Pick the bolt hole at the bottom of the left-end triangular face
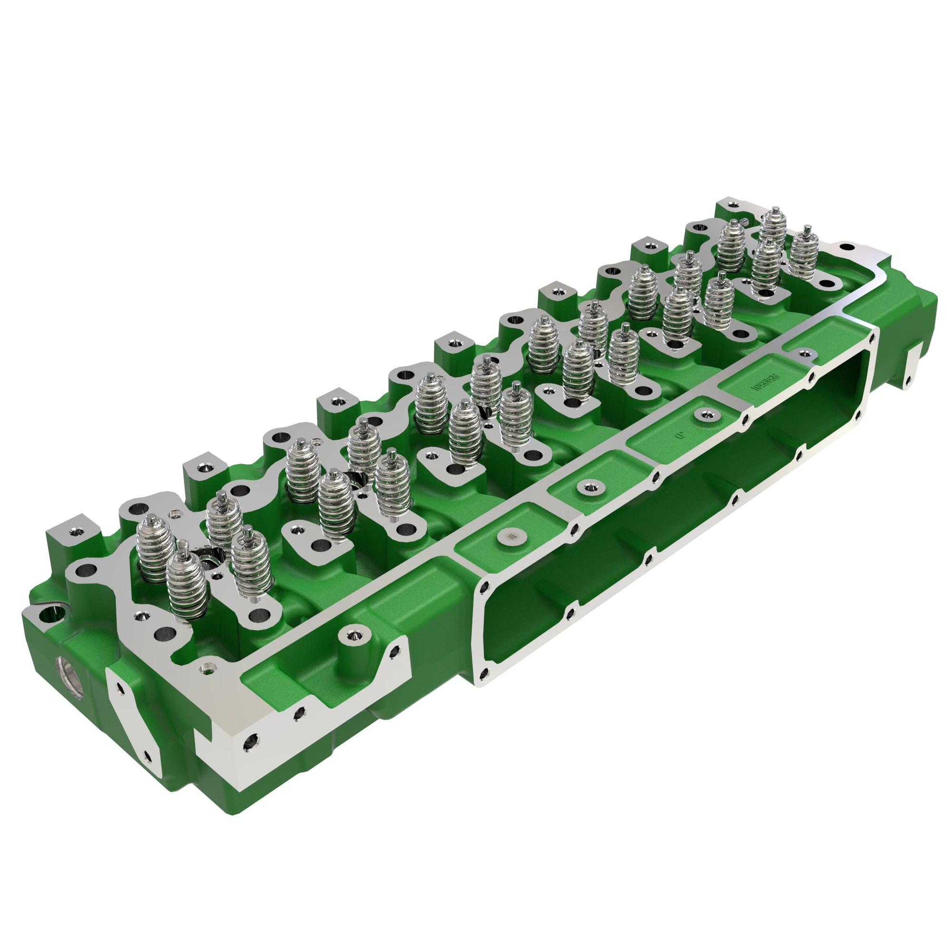(146, 755)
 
